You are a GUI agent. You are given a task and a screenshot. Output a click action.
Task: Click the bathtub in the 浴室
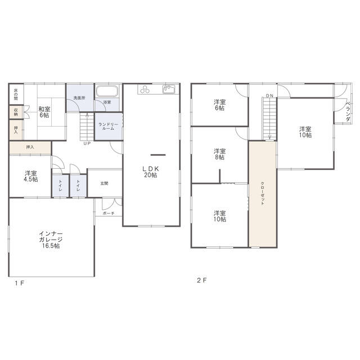click(x=107, y=91)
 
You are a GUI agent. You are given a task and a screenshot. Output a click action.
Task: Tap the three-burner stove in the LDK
click(x=145, y=89)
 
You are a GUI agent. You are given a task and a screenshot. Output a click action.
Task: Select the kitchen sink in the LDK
click(x=169, y=89)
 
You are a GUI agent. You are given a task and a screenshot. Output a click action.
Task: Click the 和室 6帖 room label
click(x=44, y=112)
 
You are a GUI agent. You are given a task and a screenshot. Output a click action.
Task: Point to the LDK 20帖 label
click(x=151, y=172)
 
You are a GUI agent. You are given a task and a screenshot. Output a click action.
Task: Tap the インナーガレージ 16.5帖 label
click(x=51, y=240)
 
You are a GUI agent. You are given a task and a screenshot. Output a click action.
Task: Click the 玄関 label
click(x=104, y=183)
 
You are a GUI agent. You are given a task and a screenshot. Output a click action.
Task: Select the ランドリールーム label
click(x=109, y=127)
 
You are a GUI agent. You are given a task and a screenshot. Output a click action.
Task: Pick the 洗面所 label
click(x=79, y=98)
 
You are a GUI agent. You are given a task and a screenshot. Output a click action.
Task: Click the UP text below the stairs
click(x=87, y=143)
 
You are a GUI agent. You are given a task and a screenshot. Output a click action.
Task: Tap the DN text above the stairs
click(x=269, y=96)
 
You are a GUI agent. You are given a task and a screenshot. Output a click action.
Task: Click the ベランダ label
click(x=348, y=111)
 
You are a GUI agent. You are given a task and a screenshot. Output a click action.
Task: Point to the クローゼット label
click(x=263, y=193)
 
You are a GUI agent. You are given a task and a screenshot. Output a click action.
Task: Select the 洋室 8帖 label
click(x=220, y=154)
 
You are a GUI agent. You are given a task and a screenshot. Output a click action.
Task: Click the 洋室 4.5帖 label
click(x=31, y=176)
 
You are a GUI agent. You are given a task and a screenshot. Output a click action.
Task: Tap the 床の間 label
click(x=16, y=94)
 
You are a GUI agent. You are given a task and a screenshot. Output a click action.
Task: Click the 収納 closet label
click(x=16, y=112)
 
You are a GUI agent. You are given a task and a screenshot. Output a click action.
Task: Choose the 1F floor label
click(x=20, y=283)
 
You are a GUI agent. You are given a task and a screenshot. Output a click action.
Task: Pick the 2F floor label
click(x=202, y=280)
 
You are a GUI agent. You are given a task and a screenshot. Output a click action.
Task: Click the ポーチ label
click(x=109, y=213)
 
